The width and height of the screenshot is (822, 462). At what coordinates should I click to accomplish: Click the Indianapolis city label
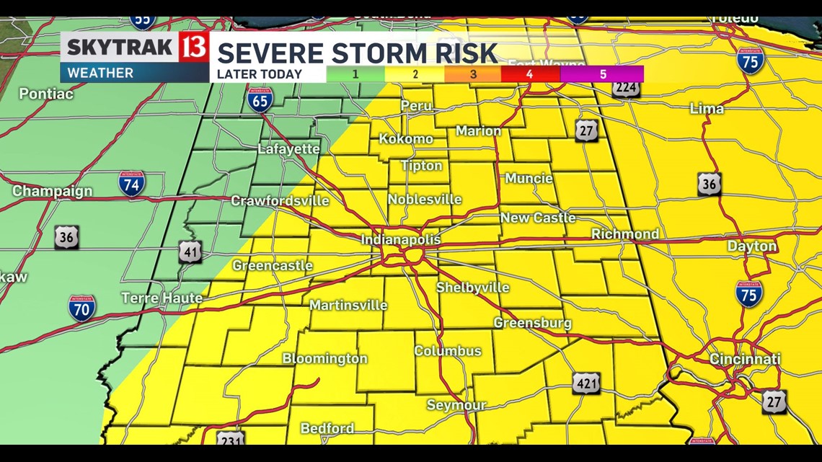(400, 239)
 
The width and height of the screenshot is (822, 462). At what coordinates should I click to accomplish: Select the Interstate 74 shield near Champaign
(131, 183)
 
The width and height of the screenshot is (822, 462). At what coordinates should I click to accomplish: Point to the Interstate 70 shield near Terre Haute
(81, 308)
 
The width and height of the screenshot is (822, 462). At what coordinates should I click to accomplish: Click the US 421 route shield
(586, 383)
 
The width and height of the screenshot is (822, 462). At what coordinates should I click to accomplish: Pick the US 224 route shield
(625, 89)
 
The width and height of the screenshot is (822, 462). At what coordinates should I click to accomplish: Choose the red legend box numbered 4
(529, 74)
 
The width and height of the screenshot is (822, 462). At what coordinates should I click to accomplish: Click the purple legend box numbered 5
(602, 74)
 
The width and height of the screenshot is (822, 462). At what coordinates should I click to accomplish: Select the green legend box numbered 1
(355, 74)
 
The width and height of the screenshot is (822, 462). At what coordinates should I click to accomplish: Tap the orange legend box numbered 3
(473, 74)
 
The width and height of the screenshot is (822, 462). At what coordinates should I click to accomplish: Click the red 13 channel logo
(195, 48)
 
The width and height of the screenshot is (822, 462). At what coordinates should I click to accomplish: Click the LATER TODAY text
(260, 74)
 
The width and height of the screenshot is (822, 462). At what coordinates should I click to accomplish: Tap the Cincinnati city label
(745, 359)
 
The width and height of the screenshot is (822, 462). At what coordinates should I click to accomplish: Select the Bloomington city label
(324, 358)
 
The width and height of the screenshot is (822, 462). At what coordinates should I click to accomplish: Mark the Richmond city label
(624, 234)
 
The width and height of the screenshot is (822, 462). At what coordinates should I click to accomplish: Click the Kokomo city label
(406, 138)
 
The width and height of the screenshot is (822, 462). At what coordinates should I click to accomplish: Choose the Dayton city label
(751, 246)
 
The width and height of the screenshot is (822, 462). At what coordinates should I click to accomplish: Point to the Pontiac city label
(45, 94)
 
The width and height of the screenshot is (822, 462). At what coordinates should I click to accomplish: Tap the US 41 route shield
(190, 252)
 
